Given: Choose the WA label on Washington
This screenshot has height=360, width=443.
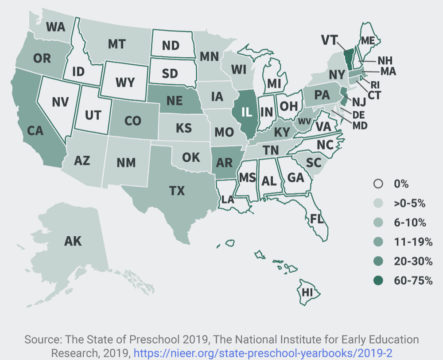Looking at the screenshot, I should pyautogui.click(x=55, y=25).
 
